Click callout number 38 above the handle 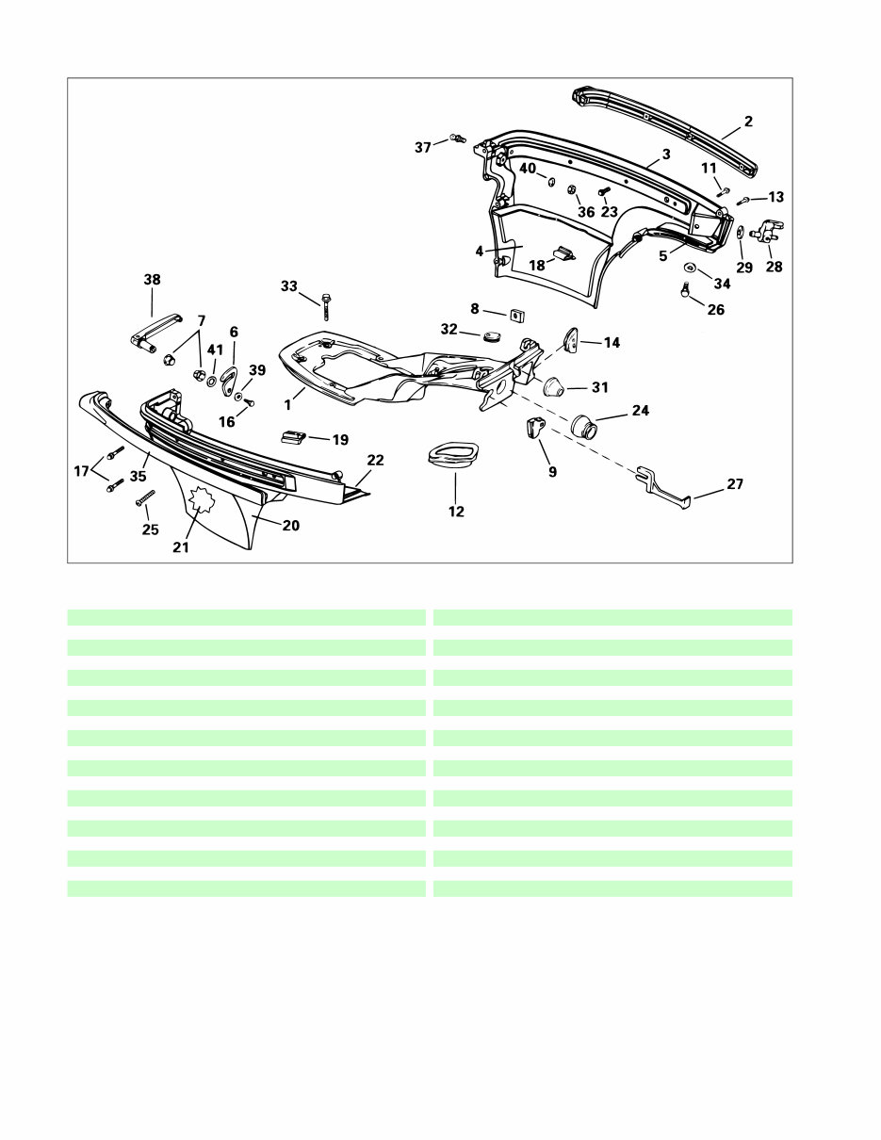click(152, 280)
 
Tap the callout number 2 click(748, 122)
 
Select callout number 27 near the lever click(735, 484)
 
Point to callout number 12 click(456, 512)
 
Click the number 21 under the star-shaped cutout click(181, 546)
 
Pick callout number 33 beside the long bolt click(288, 285)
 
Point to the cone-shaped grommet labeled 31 click(555, 386)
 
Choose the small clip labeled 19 click(292, 436)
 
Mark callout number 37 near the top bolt click(423, 147)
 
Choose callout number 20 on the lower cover click(291, 526)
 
